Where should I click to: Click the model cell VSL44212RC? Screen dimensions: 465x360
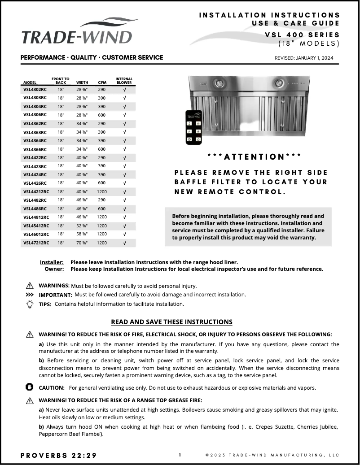pos(36,191)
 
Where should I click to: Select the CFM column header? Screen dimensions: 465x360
pos(102,83)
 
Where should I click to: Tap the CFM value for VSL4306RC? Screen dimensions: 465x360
pos(102,115)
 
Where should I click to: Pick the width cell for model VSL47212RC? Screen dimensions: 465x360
pos(82,243)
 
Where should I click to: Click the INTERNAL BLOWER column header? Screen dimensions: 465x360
pos(124,81)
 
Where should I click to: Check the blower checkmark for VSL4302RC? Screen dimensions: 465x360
pos(124,89)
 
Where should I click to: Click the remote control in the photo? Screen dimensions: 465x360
pos(194,127)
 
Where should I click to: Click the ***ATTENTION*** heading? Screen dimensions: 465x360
pos(255,156)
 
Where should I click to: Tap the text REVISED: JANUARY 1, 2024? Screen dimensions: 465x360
pos(304,58)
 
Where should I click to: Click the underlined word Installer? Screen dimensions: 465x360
pos(52,262)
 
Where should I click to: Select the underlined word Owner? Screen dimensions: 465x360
pos(54,269)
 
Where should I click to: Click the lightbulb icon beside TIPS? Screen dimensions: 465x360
pos(30,304)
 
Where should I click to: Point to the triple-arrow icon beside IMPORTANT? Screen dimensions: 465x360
pos(30,295)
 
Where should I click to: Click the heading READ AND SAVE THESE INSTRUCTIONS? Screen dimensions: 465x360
pos(171,322)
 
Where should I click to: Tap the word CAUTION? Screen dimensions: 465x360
pos(52,387)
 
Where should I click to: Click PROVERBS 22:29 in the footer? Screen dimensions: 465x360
pos(58,455)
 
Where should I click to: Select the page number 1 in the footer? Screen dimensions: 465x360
pos(180,455)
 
